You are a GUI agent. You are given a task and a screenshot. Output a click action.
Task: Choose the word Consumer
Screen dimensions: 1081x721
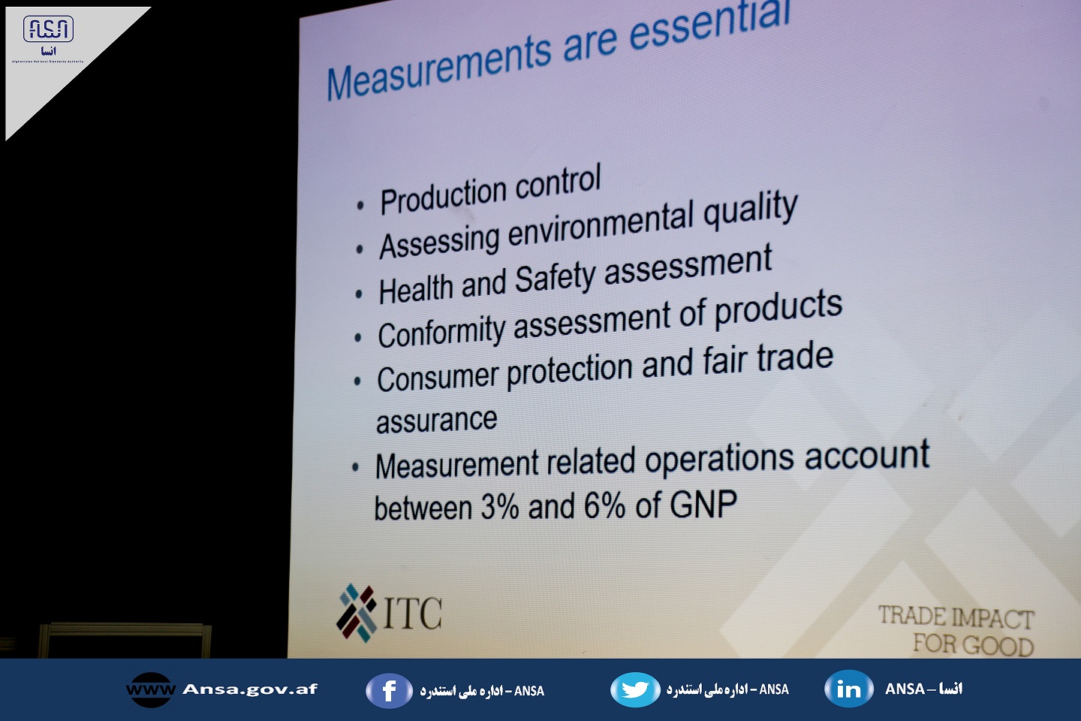coord(437,378)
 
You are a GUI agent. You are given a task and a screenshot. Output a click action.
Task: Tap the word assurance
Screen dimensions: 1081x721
coord(436,420)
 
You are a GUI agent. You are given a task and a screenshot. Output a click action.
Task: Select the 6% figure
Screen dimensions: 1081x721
coord(605,505)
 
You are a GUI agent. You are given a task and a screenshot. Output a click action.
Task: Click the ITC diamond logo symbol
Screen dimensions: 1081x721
coord(357,613)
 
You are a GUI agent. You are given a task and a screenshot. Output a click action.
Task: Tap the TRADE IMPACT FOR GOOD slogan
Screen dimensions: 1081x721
coord(956,630)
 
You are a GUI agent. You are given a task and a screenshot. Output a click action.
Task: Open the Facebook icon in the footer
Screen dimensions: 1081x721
coord(389,690)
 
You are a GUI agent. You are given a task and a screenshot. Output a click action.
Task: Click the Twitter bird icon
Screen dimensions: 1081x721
coord(635,689)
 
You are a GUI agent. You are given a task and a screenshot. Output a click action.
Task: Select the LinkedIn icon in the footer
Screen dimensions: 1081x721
coord(849,689)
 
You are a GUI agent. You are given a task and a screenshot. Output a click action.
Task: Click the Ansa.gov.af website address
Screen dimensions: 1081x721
coord(249,689)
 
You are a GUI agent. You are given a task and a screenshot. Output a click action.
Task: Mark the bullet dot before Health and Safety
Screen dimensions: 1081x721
coord(359,294)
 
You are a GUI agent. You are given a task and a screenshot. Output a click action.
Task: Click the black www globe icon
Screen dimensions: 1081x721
coord(151,689)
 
